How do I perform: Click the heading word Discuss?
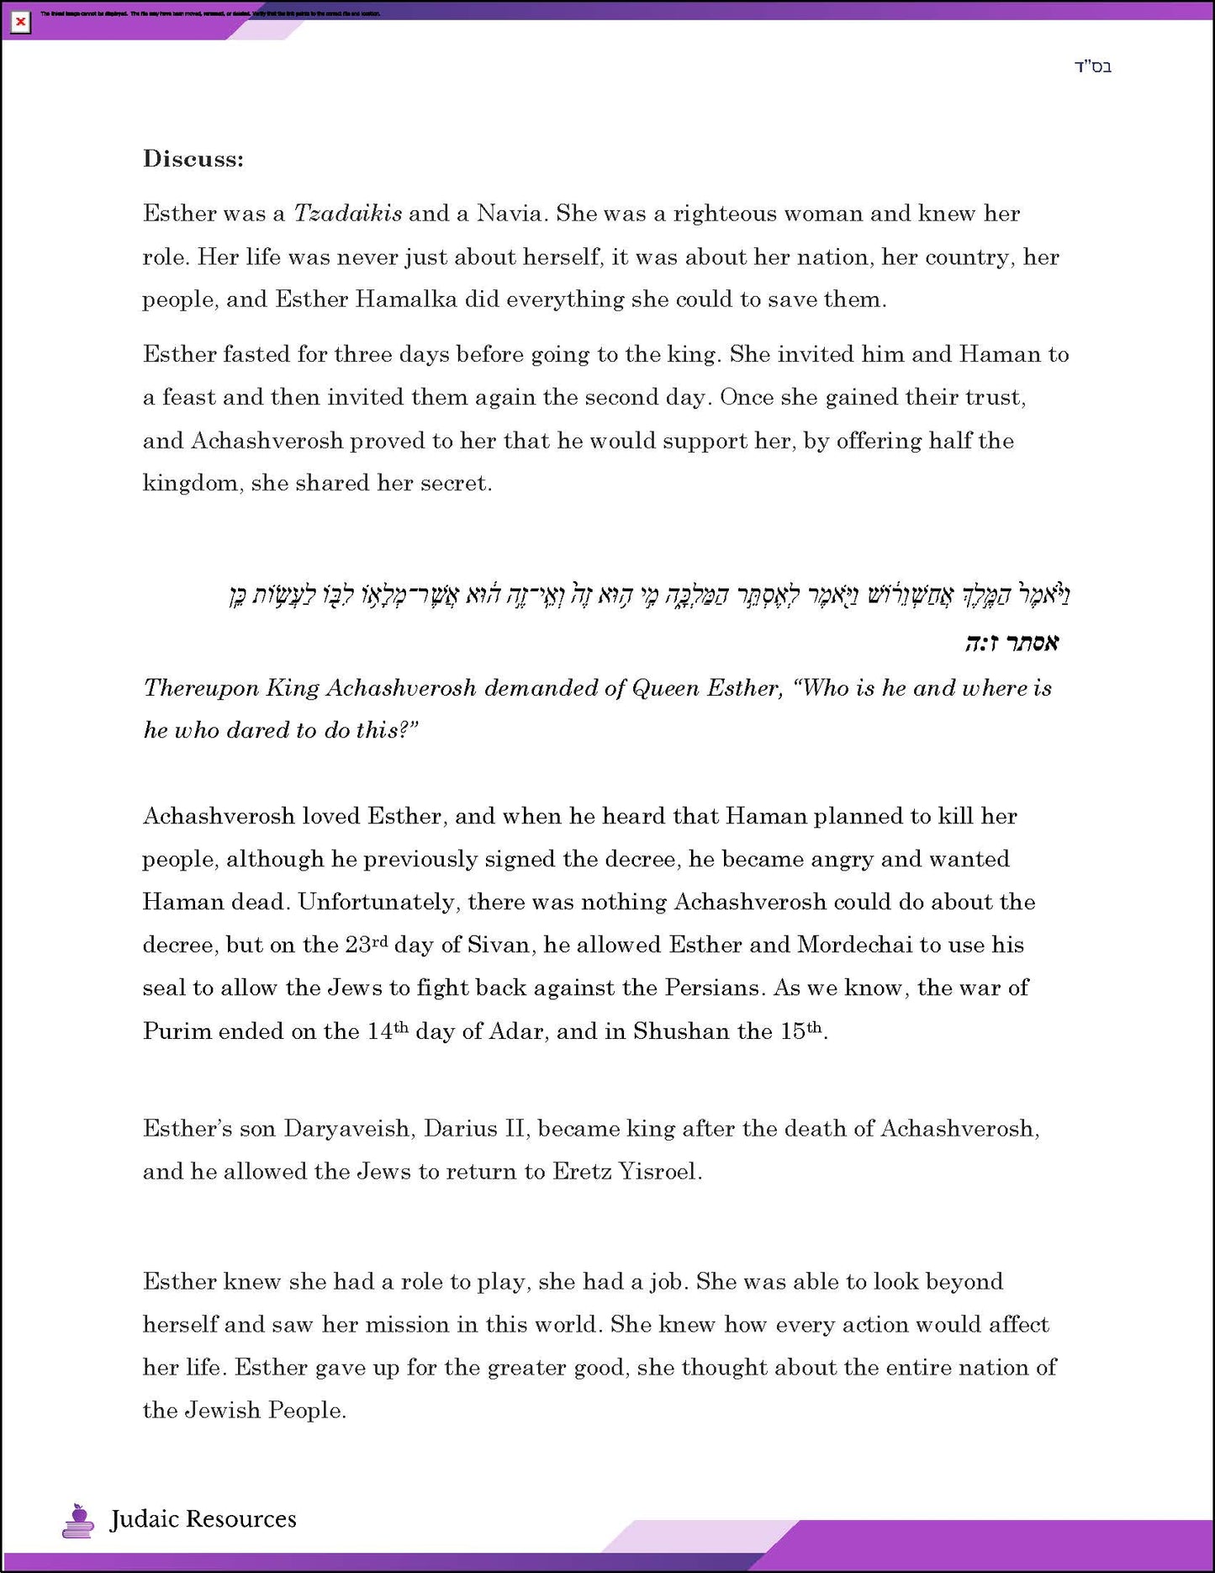click(193, 159)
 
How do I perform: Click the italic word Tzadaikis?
click(347, 214)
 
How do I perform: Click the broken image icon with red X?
click(20, 22)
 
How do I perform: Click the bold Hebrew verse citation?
click(1012, 643)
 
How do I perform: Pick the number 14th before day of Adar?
click(388, 1031)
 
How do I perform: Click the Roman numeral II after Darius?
click(515, 1129)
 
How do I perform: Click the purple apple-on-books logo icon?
click(78, 1520)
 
